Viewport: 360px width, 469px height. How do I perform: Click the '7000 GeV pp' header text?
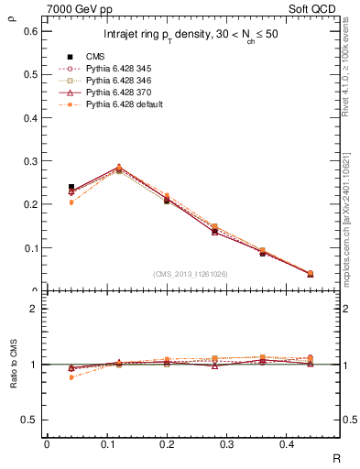pyautogui.click(x=74, y=9)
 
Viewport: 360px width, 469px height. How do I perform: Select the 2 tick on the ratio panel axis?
pyautogui.click(x=33, y=309)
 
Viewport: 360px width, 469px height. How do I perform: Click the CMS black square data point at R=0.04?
pyautogui.click(x=71, y=188)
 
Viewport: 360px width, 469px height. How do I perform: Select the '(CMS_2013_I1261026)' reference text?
pyautogui.click(x=190, y=273)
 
